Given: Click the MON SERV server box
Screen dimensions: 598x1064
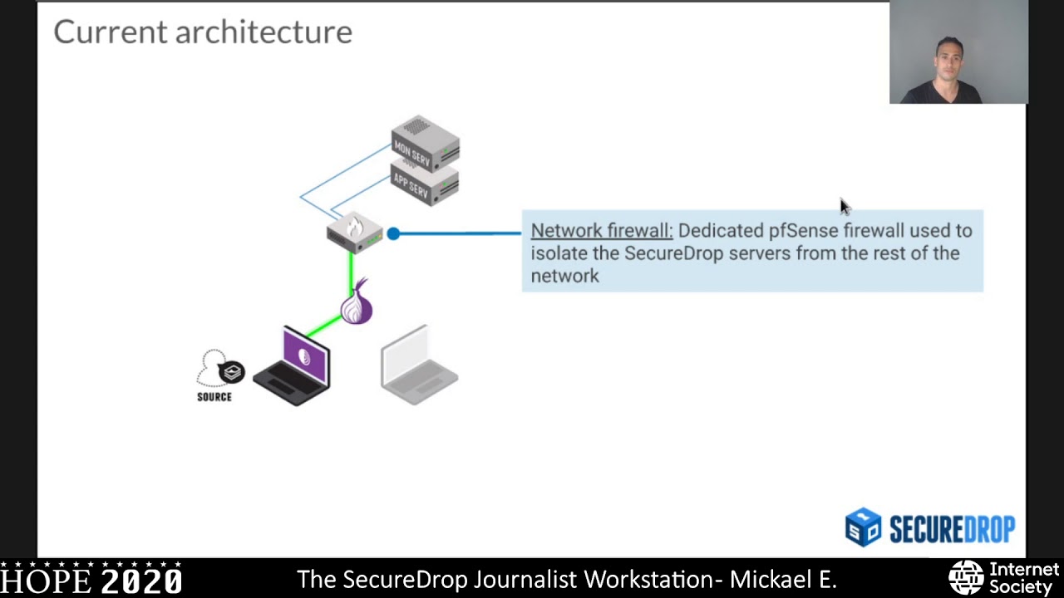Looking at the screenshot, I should tap(425, 143).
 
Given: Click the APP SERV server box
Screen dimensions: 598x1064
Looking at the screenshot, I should tap(425, 184).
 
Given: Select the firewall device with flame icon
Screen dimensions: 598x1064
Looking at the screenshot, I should tap(355, 232).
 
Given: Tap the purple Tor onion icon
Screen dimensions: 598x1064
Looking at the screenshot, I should tap(357, 304).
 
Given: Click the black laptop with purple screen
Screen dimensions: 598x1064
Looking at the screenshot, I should tap(294, 367).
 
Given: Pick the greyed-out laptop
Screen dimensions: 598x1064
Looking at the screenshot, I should tap(419, 365).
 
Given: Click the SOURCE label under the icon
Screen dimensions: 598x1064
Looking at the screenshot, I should tap(214, 397).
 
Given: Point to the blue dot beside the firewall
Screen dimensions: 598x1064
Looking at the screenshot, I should tap(393, 234).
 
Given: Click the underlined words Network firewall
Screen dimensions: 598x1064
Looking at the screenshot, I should tap(601, 231).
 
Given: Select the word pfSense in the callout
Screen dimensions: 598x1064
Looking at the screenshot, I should tap(803, 231).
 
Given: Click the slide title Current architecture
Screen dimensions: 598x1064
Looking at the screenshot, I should tap(203, 32).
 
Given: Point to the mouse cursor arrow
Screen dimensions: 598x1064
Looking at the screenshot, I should tap(844, 207).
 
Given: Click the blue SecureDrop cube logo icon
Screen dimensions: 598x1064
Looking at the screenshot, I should tap(863, 527).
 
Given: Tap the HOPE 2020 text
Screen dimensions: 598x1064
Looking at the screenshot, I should tap(91, 580).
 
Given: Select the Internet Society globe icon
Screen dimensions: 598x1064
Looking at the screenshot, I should tap(966, 578).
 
